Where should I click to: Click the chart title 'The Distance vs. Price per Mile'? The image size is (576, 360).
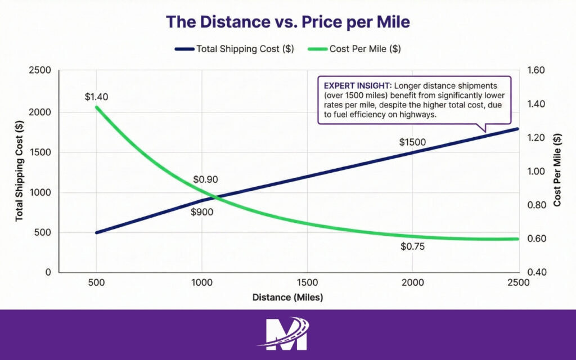click(x=287, y=21)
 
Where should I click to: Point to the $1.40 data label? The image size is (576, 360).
click(x=96, y=97)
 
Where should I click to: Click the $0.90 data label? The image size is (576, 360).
click(x=205, y=180)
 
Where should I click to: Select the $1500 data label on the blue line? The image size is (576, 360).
click(x=412, y=142)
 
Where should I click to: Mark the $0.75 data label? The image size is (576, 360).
click(x=412, y=246)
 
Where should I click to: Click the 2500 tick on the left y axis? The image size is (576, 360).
click(x=40, y=71)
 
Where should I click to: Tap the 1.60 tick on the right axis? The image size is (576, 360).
click(x=537, y=71)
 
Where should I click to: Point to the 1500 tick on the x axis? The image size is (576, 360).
click(x=307, y=283)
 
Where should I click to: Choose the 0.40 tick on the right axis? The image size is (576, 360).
click(x=537, y=272)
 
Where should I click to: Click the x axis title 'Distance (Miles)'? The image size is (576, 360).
click(x=287, y=296)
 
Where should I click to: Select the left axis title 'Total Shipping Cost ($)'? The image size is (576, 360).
click(x=19, y=172)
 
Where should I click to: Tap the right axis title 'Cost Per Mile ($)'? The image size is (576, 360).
click(x=557, y=172)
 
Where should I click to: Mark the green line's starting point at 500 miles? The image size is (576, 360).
click(x=97, y=107)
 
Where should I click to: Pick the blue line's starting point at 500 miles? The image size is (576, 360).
click(x=97, y=232)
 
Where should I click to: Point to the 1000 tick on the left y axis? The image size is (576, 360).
click(x=40, y=192)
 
